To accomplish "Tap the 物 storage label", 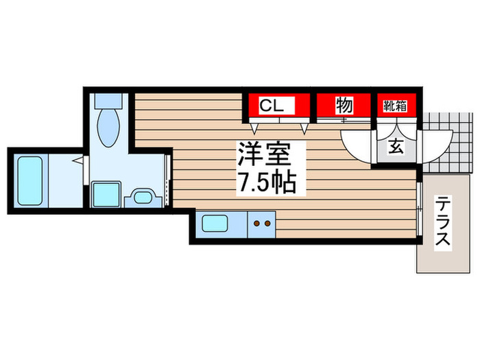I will click(344, 106).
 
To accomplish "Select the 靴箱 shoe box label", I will click(394, 106).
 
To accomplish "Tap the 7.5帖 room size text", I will click(266, 182).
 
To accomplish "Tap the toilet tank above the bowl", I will click(108, 100).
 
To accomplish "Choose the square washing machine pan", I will click(106, 195).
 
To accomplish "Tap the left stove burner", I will click(256, 222).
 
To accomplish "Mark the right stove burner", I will click(267, 222).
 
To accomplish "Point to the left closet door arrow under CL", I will click(255, 128).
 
